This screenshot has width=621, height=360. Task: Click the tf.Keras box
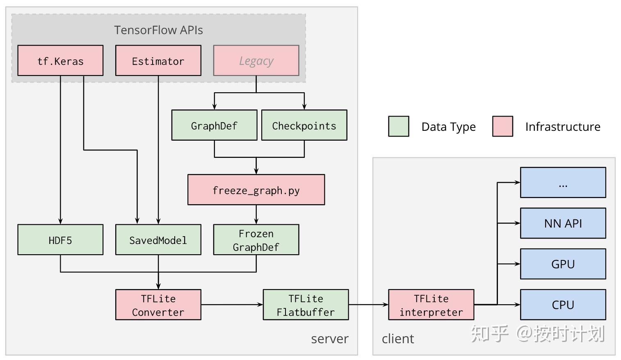[x=60, y=61]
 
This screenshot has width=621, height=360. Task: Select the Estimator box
[x=158, y=61]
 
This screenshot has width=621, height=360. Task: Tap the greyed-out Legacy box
[x=256, y=61]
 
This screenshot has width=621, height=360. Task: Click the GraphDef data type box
[x=214, y=125]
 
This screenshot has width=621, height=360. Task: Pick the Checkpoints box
[x=304, y=125]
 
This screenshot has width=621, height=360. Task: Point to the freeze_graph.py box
[x=256, y=190]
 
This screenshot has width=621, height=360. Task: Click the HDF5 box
[x=60, y=240]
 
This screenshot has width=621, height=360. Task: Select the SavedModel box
[x=158, y=240]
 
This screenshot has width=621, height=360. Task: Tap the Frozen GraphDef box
[x=256, y=240]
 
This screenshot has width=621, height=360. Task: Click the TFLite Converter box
[x=158, y=305]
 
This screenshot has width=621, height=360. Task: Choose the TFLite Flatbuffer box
[x=306, y=305]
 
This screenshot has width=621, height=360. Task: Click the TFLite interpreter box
[x=431, y=305]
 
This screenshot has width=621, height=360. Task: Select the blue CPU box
[x=563, y=305]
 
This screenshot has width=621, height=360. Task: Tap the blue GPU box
[x=563, y=264]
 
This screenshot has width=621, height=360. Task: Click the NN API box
[x=563, y=223]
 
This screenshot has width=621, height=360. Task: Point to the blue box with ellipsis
[x=563, y=182]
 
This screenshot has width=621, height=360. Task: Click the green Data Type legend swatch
[x=398, y=126]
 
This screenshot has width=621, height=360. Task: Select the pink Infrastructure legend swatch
[x=502, y=126]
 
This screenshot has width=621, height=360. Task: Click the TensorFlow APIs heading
[x=158, y=30]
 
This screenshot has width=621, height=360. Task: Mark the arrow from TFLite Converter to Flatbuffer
[x=232, y=305]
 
